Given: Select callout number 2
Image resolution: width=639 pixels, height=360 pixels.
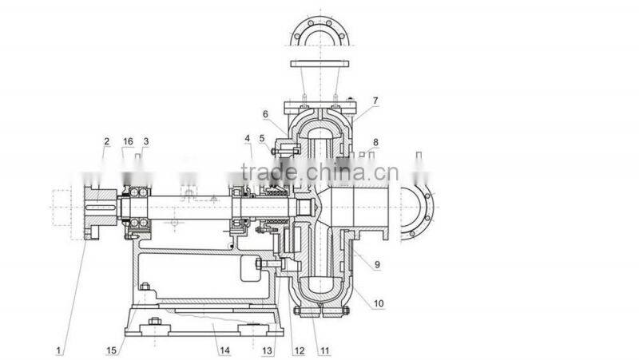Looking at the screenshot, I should pyautogui.click(x=106, y=141).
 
